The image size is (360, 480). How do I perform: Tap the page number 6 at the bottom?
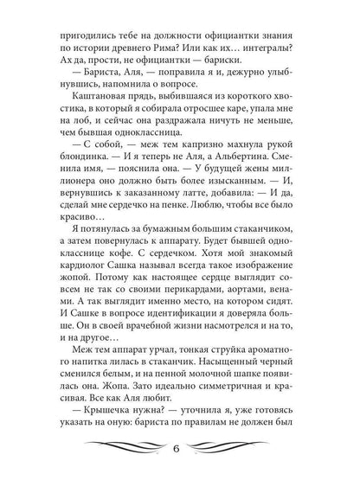[x=180, y=472]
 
